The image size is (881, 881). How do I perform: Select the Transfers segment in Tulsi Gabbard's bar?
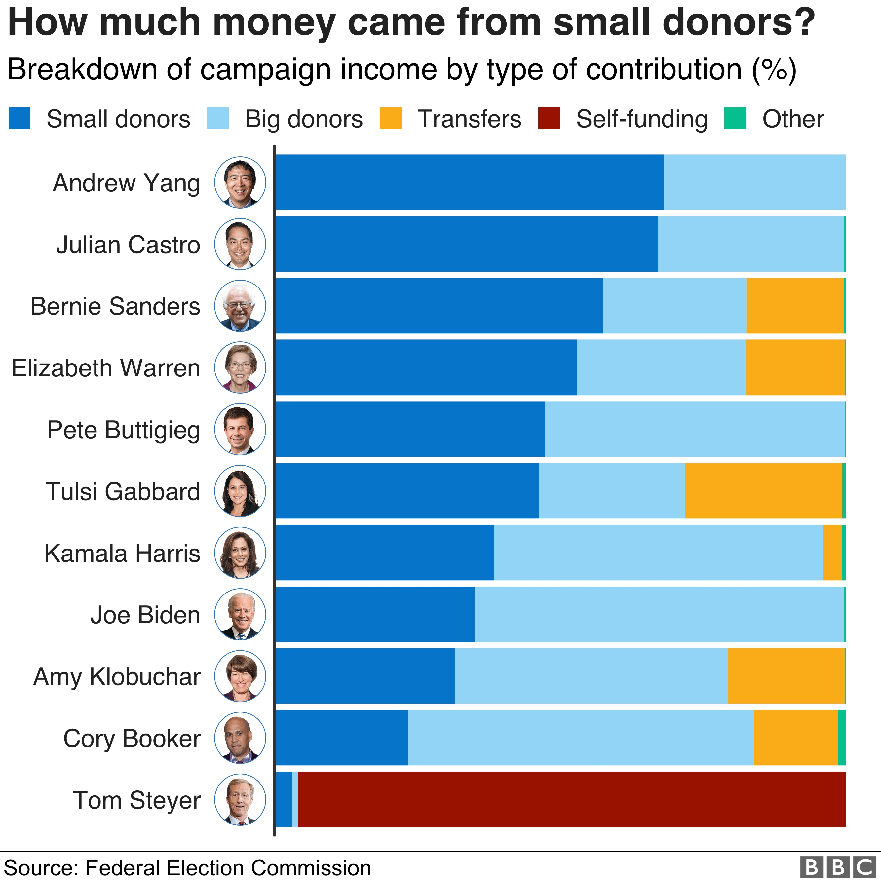763,491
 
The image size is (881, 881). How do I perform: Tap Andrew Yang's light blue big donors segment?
754,182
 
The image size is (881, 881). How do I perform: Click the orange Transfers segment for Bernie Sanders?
795,306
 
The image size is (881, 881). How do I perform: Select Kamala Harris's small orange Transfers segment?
832,552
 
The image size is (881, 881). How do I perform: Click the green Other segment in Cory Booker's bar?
841,737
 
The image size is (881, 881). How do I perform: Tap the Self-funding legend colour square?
549,118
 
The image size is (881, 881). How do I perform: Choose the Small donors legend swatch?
19,118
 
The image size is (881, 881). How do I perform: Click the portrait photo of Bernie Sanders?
240,306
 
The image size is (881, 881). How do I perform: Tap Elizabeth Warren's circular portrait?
240,367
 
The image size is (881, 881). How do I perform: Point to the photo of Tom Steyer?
240,799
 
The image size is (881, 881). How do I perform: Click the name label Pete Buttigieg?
124,430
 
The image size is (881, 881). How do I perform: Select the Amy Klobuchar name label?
117,677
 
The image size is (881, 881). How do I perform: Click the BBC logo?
838,867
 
